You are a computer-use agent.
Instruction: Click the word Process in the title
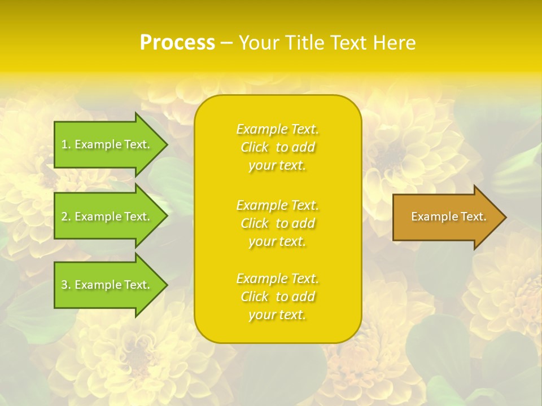coord(177,42)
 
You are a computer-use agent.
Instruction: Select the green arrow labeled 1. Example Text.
coord(107,144)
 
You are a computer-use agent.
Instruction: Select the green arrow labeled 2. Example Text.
coord(107,217)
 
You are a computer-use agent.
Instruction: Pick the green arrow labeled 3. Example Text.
coord(107,285)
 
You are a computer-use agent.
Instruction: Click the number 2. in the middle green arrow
coord(66,217)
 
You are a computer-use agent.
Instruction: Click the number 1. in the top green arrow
coord(66,144)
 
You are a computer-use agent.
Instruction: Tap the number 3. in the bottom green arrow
coord(66,285)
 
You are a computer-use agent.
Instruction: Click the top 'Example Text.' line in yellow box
coord(277,129)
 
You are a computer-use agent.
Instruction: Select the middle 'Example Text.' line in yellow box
coord(277,205)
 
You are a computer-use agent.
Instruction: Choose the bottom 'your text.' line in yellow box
coord(277,315)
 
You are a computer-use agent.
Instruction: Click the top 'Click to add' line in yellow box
coord(277,147)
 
